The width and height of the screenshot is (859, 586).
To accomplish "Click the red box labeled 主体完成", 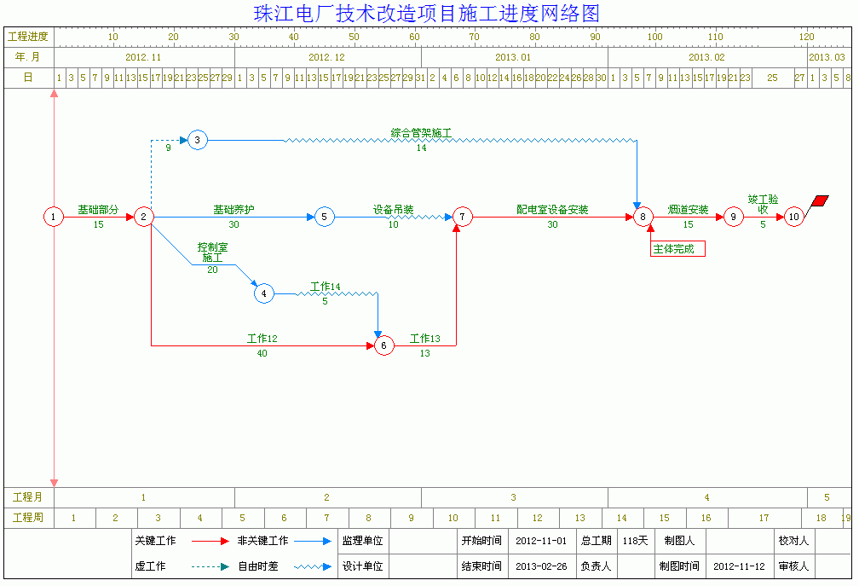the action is [x=677, y=249].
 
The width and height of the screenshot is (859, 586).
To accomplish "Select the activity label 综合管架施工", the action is [x=421, y=133].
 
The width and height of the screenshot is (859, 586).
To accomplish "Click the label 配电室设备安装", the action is [x=552, y=209].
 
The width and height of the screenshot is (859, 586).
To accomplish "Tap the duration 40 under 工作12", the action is [x=262, y=354].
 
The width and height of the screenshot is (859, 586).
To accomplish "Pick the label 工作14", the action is [x=326, y=287].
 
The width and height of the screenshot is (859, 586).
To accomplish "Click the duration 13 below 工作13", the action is [x=425, y=354].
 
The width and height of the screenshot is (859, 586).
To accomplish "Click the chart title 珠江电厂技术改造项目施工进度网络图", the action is [x=427, y=13].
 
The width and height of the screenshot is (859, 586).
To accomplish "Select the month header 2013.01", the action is [x=513, y=57].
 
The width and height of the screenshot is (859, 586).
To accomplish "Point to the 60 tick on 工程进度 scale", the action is [x=414, y=37].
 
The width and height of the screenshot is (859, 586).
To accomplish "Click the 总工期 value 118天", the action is [x=635, y=541].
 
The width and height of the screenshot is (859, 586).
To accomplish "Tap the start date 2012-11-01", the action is [x=541, y=541].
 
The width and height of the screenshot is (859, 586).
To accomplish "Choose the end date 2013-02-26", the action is [x=541, y=566].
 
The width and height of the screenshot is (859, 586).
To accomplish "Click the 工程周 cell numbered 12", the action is [x=538, y=518].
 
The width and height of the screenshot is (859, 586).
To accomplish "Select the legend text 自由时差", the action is [x=257, y=566].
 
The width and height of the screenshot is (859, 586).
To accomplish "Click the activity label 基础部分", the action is [x=98, y=209].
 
